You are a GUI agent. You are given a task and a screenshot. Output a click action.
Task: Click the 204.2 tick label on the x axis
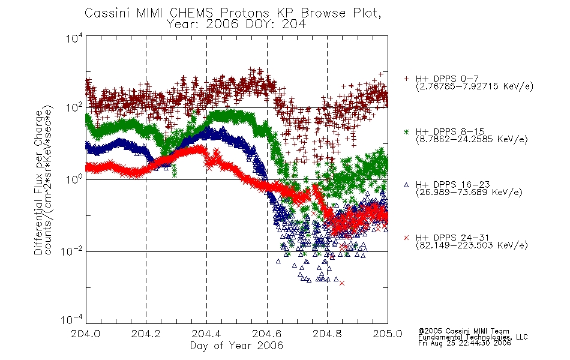click(x=146, y=334)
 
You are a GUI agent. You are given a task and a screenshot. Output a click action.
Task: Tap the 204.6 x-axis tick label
click(x=267, y=334)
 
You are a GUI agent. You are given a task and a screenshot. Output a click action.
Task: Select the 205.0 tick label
click(x=388, y=334)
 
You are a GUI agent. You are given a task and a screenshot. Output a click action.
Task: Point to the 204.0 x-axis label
click(x=85, y=334)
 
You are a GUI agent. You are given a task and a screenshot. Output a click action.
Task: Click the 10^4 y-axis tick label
click(x=74, y=38)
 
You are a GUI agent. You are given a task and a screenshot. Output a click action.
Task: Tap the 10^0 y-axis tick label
click(x=74, y=179)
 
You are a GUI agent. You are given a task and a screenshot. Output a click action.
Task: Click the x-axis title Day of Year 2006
click(x=236, y=346)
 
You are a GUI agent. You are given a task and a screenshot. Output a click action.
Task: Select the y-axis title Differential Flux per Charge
click(x=38, y=182)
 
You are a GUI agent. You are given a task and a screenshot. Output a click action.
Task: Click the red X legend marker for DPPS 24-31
click(x=406, y=238)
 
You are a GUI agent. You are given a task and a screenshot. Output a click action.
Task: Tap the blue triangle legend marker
click(x=406, y=185)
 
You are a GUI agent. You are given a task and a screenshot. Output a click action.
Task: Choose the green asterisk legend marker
click(x=406, y=132)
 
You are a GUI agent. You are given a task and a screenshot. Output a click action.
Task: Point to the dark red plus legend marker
click(x=406, y=79)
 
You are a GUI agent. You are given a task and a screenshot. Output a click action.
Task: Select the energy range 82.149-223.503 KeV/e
click(x=472, y=245)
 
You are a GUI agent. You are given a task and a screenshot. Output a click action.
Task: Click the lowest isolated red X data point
click(x=342, y=283)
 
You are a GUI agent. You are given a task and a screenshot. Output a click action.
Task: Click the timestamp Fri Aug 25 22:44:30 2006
click(x=464, y=343)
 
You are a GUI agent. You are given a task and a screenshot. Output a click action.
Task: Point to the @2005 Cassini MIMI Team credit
click(x=463, y=331)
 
